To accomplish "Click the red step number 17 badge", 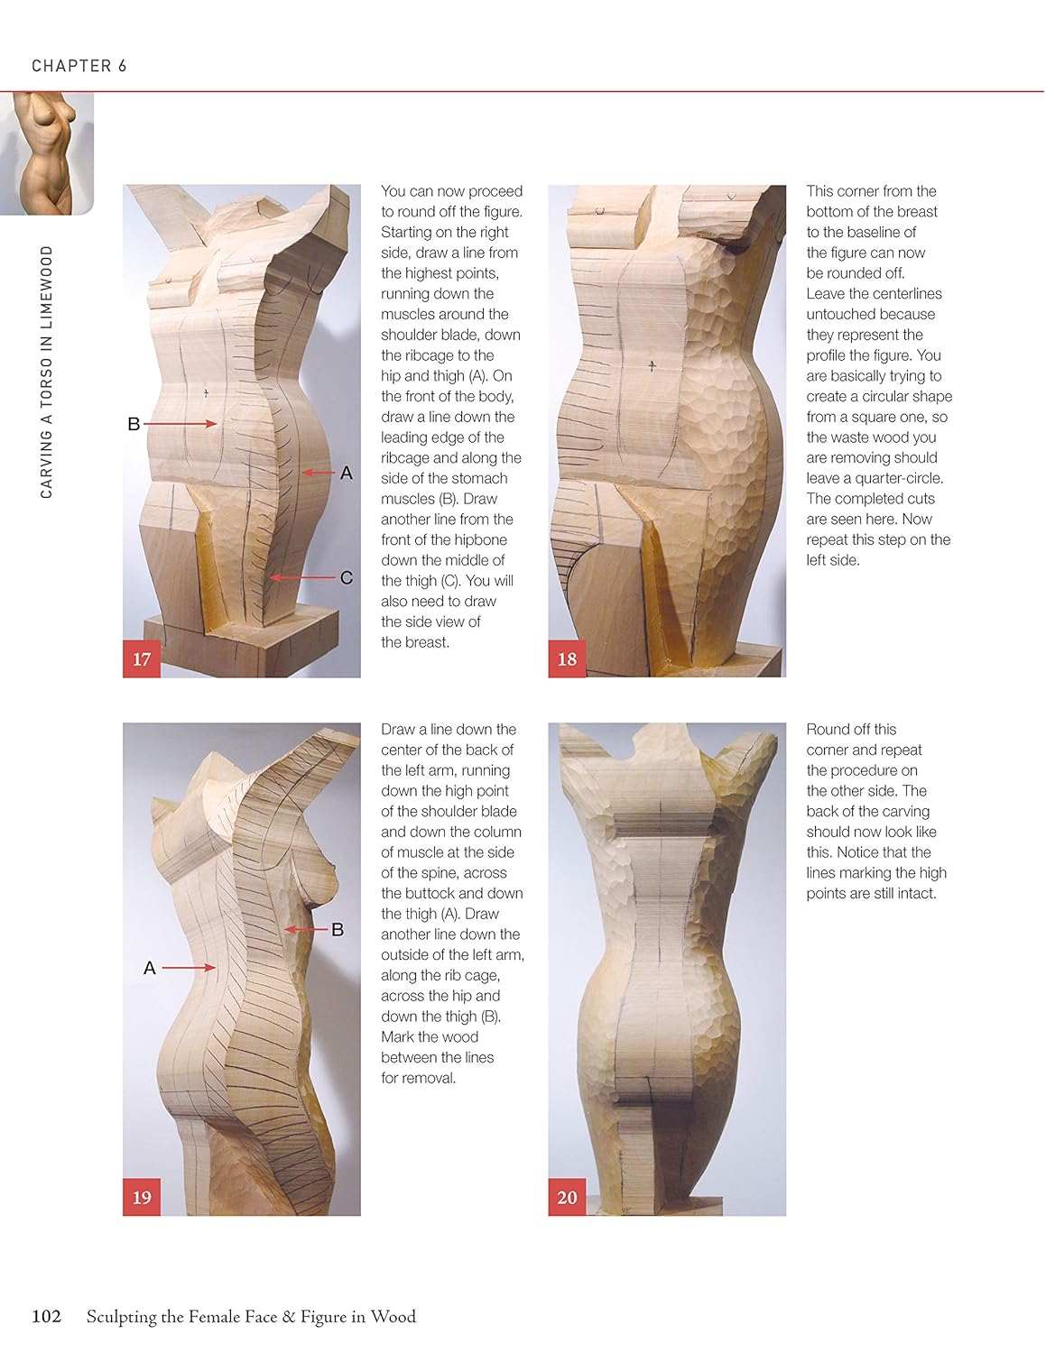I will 142,658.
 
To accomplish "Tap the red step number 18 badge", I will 567,658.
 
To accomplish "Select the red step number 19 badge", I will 142,1197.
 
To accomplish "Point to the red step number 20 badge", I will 567,1197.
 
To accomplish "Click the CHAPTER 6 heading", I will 79,66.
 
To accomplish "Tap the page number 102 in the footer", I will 46,1316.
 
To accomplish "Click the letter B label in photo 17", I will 134,424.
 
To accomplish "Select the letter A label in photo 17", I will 346,473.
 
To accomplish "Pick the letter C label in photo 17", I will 346,577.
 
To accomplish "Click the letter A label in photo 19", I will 150,968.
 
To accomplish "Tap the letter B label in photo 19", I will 338,929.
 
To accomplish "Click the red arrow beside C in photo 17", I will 301,577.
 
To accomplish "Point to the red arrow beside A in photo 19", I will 190,968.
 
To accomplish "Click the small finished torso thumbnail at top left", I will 47,153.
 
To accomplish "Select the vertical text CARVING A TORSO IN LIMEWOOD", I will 47,372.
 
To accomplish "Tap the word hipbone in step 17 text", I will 478,539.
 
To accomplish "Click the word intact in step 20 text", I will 916,893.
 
